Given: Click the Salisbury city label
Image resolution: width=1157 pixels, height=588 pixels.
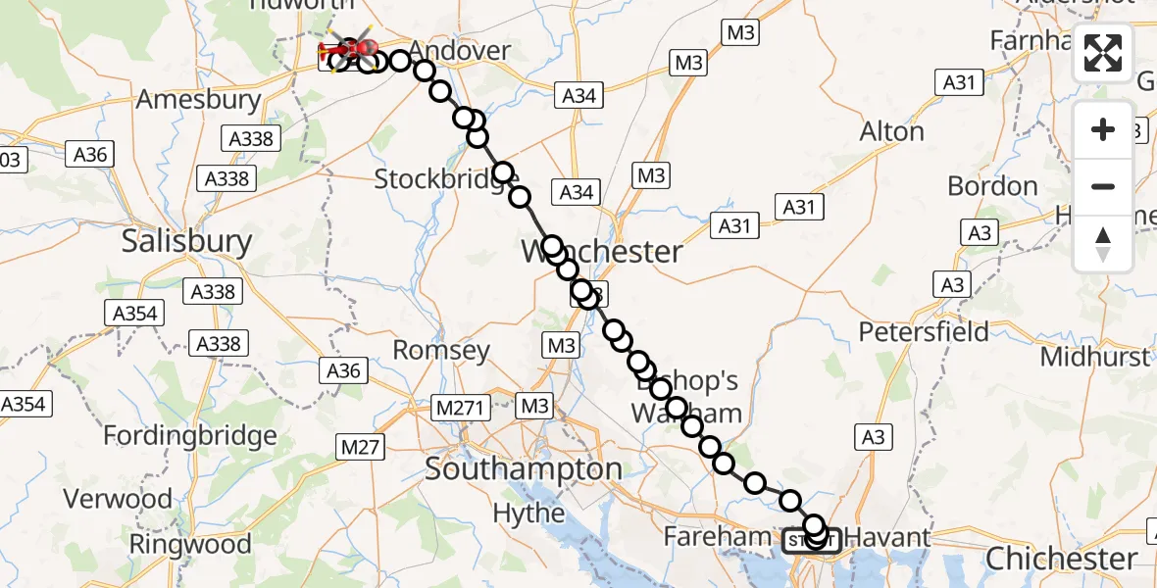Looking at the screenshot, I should click(186, 241).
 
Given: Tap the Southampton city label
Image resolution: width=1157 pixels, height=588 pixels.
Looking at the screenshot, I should click(524, 468).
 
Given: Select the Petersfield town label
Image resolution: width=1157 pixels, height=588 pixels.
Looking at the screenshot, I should click(924, 331).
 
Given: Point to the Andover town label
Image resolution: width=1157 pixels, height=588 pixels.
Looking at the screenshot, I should click(460, 51).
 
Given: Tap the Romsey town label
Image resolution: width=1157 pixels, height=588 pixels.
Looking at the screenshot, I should click(441, 350).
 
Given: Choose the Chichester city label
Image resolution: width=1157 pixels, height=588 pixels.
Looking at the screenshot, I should click(1061, 559).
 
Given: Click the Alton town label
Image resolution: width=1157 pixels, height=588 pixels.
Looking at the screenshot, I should click(891, 131).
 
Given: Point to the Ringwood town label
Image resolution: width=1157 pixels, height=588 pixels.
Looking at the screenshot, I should click(190, 543).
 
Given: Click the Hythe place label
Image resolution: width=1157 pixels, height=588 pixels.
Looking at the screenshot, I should click(528, 513).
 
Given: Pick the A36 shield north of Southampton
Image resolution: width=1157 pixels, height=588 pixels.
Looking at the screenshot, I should click(343, 370).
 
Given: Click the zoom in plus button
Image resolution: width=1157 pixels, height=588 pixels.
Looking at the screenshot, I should click(1103, 129).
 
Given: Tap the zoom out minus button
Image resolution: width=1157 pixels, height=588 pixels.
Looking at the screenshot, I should click(1103, 186).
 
